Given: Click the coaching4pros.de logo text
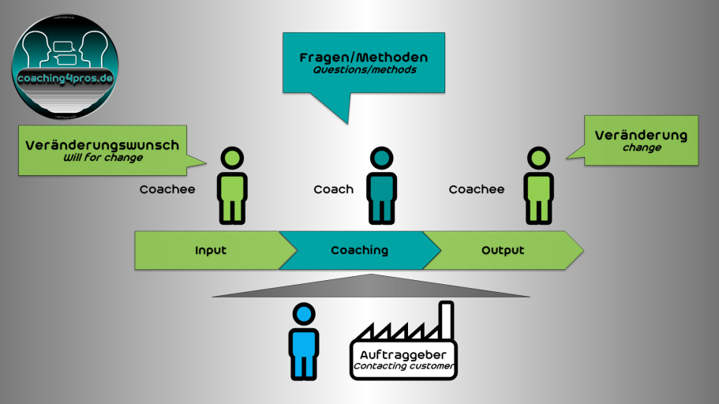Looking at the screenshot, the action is pyautogui.click(x=66, y=78).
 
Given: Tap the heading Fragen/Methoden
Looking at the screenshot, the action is pyautogui.click(x=364, y=58).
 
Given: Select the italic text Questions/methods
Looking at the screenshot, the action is pyautogui.click(x=365, y=69).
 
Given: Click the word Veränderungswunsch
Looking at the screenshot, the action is pyautogui.click(x=103, y=145).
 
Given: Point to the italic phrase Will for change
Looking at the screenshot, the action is pyautogui.click(x=103, y=157).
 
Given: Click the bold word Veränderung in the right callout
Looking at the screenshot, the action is pyautogui.click(x=641, y=135).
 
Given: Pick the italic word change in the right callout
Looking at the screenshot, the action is pyautogui.click(x=642, y=148).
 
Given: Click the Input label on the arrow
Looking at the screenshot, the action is pyautogui.click(x=211, y=250).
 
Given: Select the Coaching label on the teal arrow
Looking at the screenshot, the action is pyautogui.click(x=360, y=250).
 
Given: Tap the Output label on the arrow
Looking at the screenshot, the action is pyautogui.click(x=503, y=250).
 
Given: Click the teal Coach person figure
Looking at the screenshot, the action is pyautogui.click(x=381, y=185).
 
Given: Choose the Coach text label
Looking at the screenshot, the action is pyautogui.click(x=333, y=189).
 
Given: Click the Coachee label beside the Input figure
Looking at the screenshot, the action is pyautogui.click(x=167, y=189).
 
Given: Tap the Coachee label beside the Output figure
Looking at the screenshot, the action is pyautogui.click(x=477, y=189).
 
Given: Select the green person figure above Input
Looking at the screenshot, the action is pyautogui.click(x=232, y=185).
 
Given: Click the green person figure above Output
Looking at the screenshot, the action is pyautogui.click(x=538, y=185).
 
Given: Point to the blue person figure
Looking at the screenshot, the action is pyautogui.click(x=304, y=342).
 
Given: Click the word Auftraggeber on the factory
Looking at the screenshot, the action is pyautogui.click(x=403, y=354).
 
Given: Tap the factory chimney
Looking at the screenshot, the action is pyautogui.click(x=446, y=320).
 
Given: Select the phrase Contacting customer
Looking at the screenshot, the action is pyautogui.click(x=403, y=366).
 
